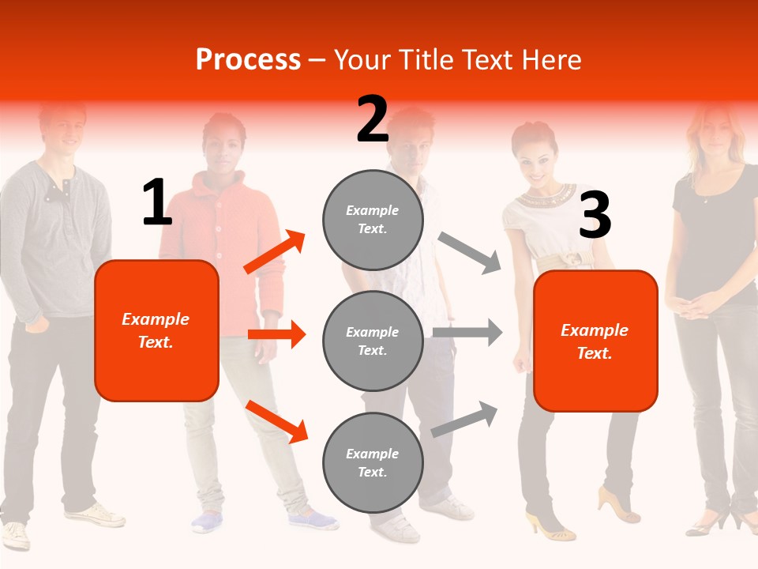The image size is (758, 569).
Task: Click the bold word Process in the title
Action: click(x=248, y=60)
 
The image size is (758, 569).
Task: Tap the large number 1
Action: click(x=157, y=202)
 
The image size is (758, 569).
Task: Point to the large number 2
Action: click(x=373, y=119)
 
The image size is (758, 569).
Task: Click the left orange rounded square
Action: click(x=156, y=330)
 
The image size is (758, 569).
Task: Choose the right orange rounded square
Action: click(x=595, y=341)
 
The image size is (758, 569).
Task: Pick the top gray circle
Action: click(x=373, y=219)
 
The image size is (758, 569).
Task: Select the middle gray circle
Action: click(x=373, y=341)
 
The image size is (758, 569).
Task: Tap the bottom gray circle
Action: click(x=373, y=462)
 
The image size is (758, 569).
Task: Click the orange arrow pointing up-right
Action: click(x=275, y=252)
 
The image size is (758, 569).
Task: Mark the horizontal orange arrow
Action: click(x=276, y=334)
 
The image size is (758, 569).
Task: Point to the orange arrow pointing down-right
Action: click(x=276, y=420)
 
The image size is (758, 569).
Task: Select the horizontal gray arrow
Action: click(x=467, y=332)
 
